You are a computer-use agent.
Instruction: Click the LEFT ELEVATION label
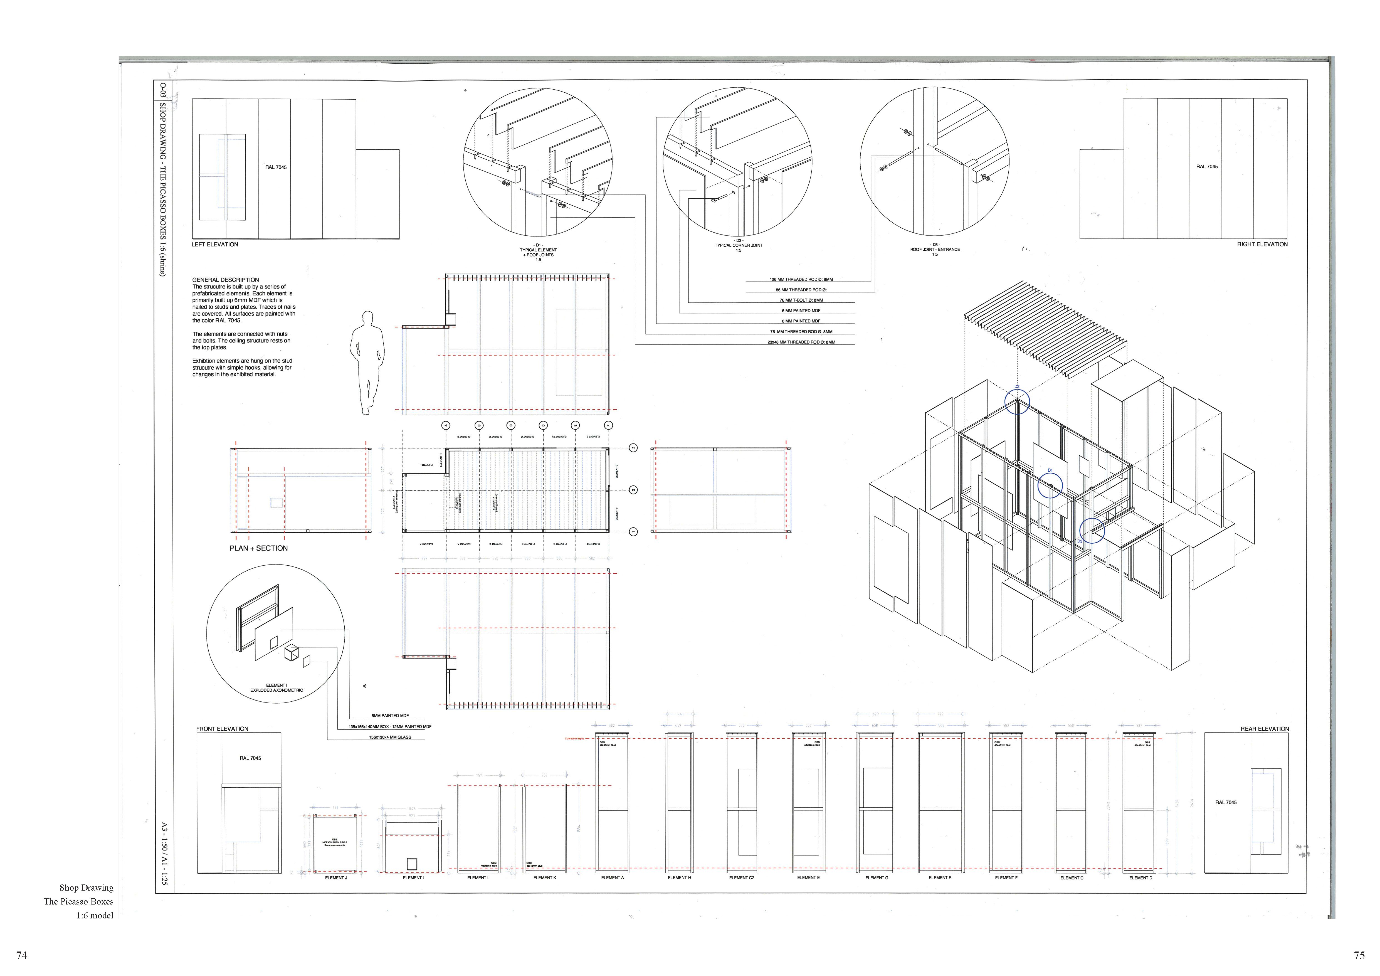point(214,245)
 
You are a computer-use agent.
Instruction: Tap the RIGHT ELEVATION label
point(1262,245)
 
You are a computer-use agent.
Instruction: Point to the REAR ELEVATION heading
point(1265,729)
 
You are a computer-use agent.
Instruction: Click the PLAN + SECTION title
point(258,548)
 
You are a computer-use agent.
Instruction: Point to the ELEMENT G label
point(876,878)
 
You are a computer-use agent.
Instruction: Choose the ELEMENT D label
point(1140,878)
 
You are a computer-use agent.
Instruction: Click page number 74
point(22,956)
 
